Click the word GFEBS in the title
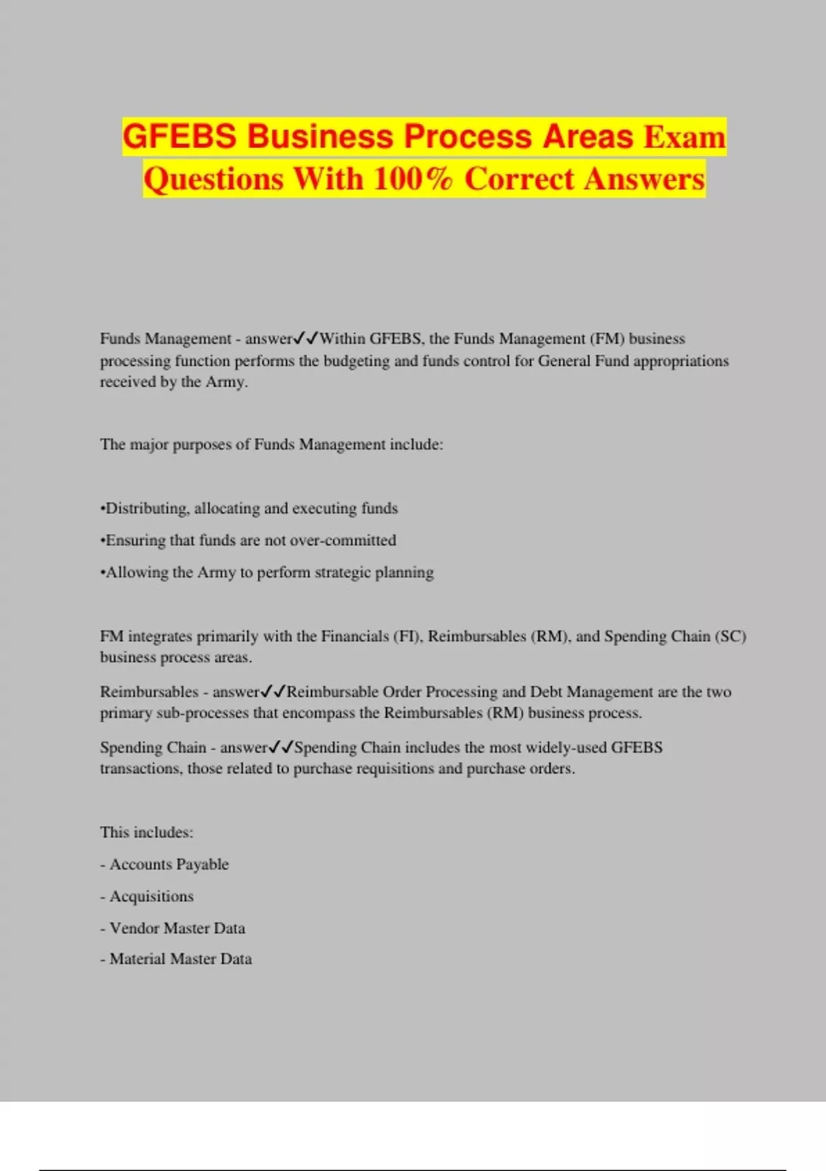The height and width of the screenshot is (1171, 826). [x=180, y=136]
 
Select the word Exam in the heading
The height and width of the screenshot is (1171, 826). [x=684, y=136]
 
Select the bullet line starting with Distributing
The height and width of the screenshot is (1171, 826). [x=249, y=508]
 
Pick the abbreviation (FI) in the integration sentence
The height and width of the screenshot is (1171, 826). [x=407, y=636]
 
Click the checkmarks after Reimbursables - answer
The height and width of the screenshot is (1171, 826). [x=273, y=692]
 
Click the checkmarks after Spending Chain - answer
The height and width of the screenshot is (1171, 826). [x=281, y=747]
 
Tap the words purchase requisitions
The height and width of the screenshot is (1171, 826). [x=364, y=769]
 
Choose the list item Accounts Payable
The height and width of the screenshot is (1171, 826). [x=169, y=864]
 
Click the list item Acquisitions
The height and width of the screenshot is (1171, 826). [x=151, y=897]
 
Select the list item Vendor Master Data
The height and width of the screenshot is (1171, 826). [x=177, y=929]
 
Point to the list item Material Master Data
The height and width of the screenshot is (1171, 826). [x=180, y=959]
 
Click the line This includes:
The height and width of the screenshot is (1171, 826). [x=147, y=833]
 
